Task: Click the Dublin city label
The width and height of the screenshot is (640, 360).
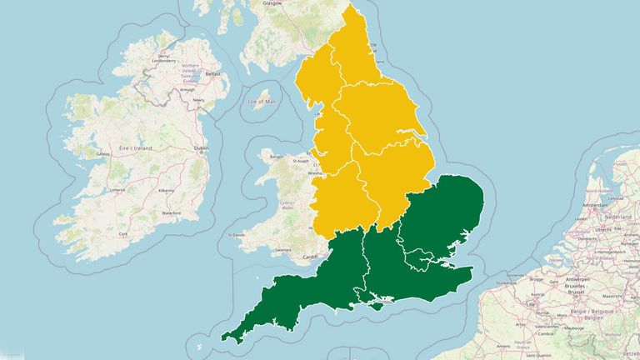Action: (x=201, y=148)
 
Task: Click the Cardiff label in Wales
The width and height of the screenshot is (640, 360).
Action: (x=311, y=257)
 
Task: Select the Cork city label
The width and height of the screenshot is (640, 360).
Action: (x=123, y=234)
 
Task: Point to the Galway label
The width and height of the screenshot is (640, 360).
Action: (x=103, y=154)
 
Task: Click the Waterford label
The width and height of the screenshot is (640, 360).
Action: (x=171, y=212)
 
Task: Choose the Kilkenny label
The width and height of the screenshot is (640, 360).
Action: (x=167, y=190)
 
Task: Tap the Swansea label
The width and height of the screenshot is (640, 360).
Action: (x=283, y=250)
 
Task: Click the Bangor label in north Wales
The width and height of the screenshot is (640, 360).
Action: (x=277, y=156)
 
